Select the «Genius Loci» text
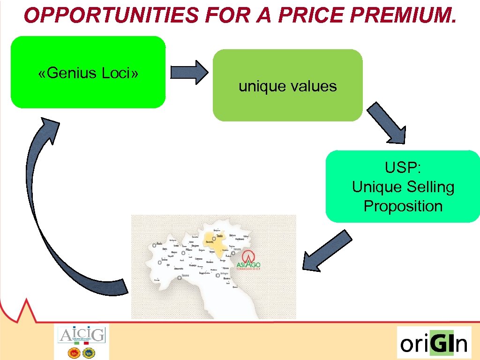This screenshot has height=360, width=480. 88,73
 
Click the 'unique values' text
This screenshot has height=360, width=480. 287,86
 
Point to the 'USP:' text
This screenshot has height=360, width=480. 403,167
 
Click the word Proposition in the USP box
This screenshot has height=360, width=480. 403,206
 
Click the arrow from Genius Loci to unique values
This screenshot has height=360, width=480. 189,72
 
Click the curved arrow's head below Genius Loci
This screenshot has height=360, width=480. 49,129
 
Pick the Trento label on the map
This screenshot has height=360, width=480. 219,236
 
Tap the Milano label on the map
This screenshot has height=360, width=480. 189,250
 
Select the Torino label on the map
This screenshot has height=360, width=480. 164,259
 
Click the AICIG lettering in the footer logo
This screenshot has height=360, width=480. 82,335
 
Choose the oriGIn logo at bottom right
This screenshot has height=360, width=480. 434,343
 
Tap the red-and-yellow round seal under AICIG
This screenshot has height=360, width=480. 74,353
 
